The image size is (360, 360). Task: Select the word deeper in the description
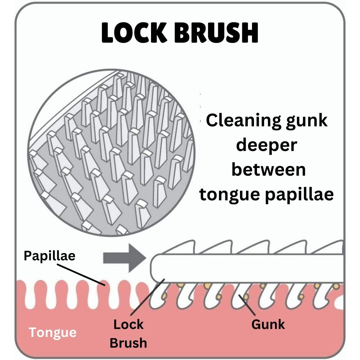pos(266,145)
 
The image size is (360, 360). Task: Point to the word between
pos(268,170)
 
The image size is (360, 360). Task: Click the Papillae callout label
pos(50,256)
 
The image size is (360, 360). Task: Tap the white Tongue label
pos(52,332)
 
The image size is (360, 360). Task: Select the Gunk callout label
pos(268,324)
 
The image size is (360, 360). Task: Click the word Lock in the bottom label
pos(128,324)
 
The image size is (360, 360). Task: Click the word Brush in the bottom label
pos(128,343)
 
